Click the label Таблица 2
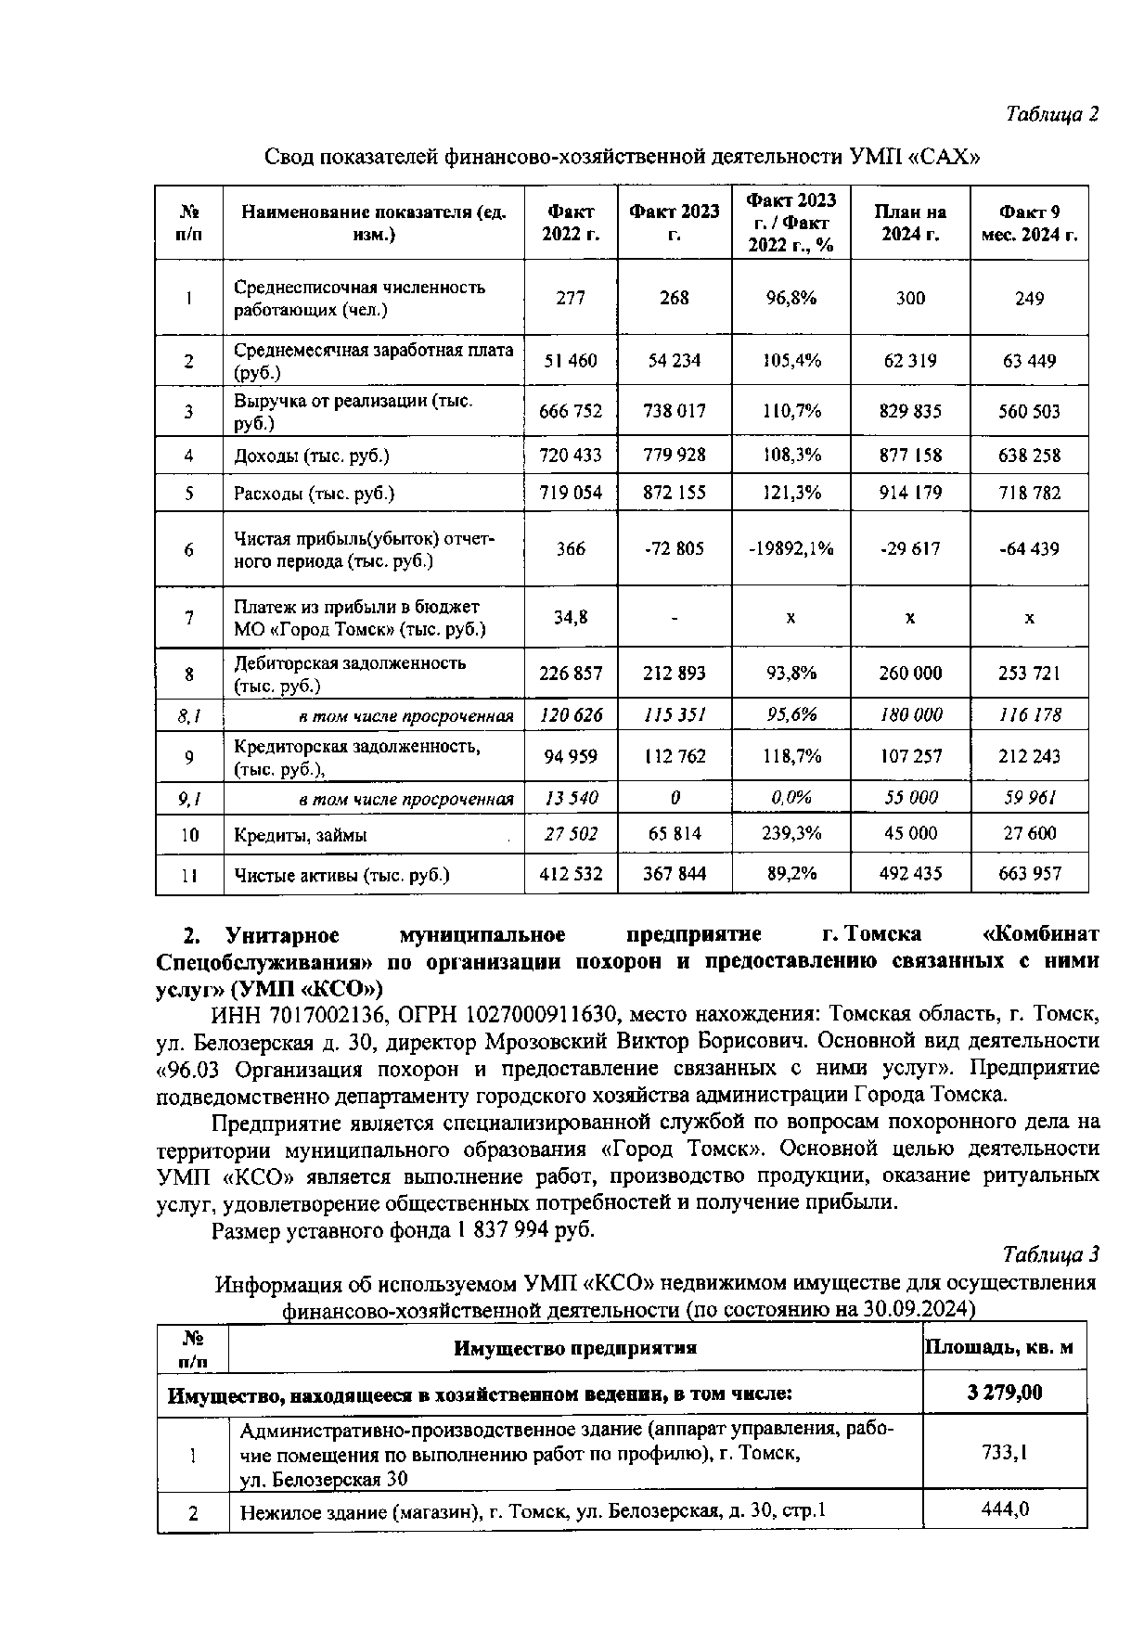pos(1051,114)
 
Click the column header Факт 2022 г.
pos(571,223)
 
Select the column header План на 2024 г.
pos(910,223)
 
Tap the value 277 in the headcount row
pos(571,298)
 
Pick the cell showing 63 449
pos(1029,361)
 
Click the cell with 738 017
pos(675,411)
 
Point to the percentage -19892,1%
pos(791,548)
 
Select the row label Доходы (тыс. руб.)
pos(312,456)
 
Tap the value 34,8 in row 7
pos(571,616)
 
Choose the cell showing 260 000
pos(910,673)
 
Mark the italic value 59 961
pos(1029,798)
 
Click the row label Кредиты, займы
pos(300,835)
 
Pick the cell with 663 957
pos(1029,873)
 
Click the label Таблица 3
pos(1051,1255)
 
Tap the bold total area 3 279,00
pos(1004,1393)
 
